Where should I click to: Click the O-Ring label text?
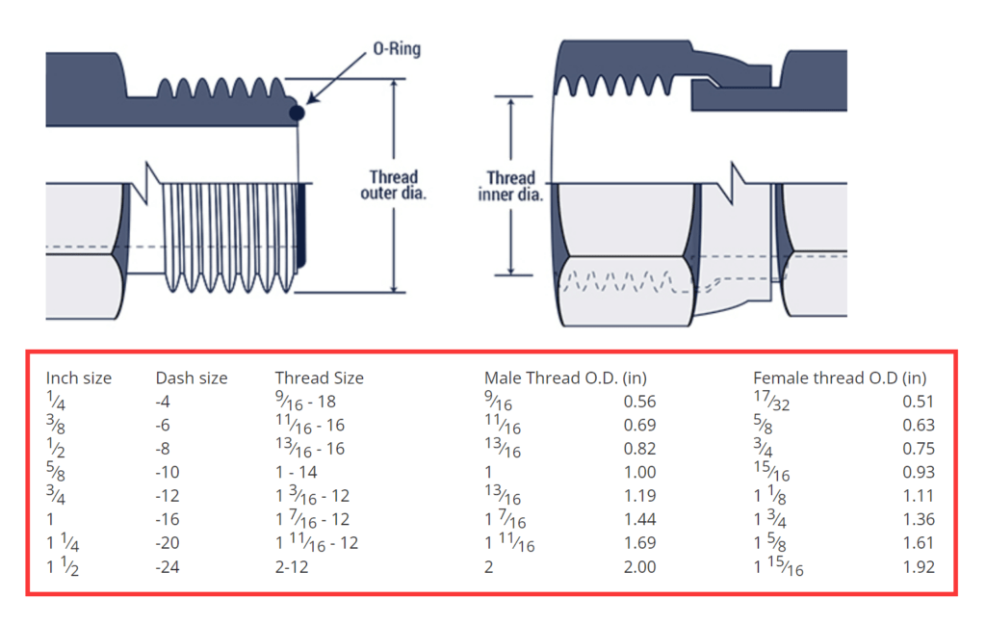pyautogui.click(x=397, y=48)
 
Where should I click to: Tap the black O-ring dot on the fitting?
pyautogui.click(x=298, y=113)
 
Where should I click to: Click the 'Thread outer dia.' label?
pyautogui.click(x=394, y=185)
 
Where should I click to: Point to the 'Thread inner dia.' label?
pyautogui.click(x=510, y=186)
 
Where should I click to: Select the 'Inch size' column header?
pyautogui.click(x=79, y=378)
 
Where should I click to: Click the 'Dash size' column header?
pyautogui.click(x=192, y=378)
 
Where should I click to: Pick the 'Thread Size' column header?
pyautogui.click(x=320, y=378)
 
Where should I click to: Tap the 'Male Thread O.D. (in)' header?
pyautogui.click(x=565, y=378)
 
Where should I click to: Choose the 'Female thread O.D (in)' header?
pyautogui.click(x=840, y=378)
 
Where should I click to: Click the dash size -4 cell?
pyautogui.click(x=165, y=402)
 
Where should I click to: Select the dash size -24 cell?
pyautogui.click(x=168, y=567)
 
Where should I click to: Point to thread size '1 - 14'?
pyautogui.click(x=297, y=473)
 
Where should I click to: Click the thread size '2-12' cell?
pyautogui.click(x=295, y=567)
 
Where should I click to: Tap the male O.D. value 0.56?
pyautogui.click(x=640, y=402)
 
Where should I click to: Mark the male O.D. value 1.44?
pyautogui.click(x=640, y=520)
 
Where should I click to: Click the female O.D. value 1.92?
pyautogui.click(x=919, y=567)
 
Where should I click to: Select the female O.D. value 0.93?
pyautogui.click(x=919, y=473)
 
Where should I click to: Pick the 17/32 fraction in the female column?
pyautogui.click(x=771, y=401)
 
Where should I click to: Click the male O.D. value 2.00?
pyautogui.click(x=640, y=567)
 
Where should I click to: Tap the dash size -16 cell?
pyautogui.click(x=168, y=520)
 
